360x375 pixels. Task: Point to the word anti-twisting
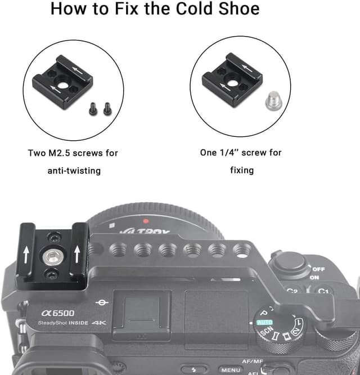(73, 170)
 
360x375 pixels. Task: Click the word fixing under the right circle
(241, 169)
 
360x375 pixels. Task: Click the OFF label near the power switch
(318, 269)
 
